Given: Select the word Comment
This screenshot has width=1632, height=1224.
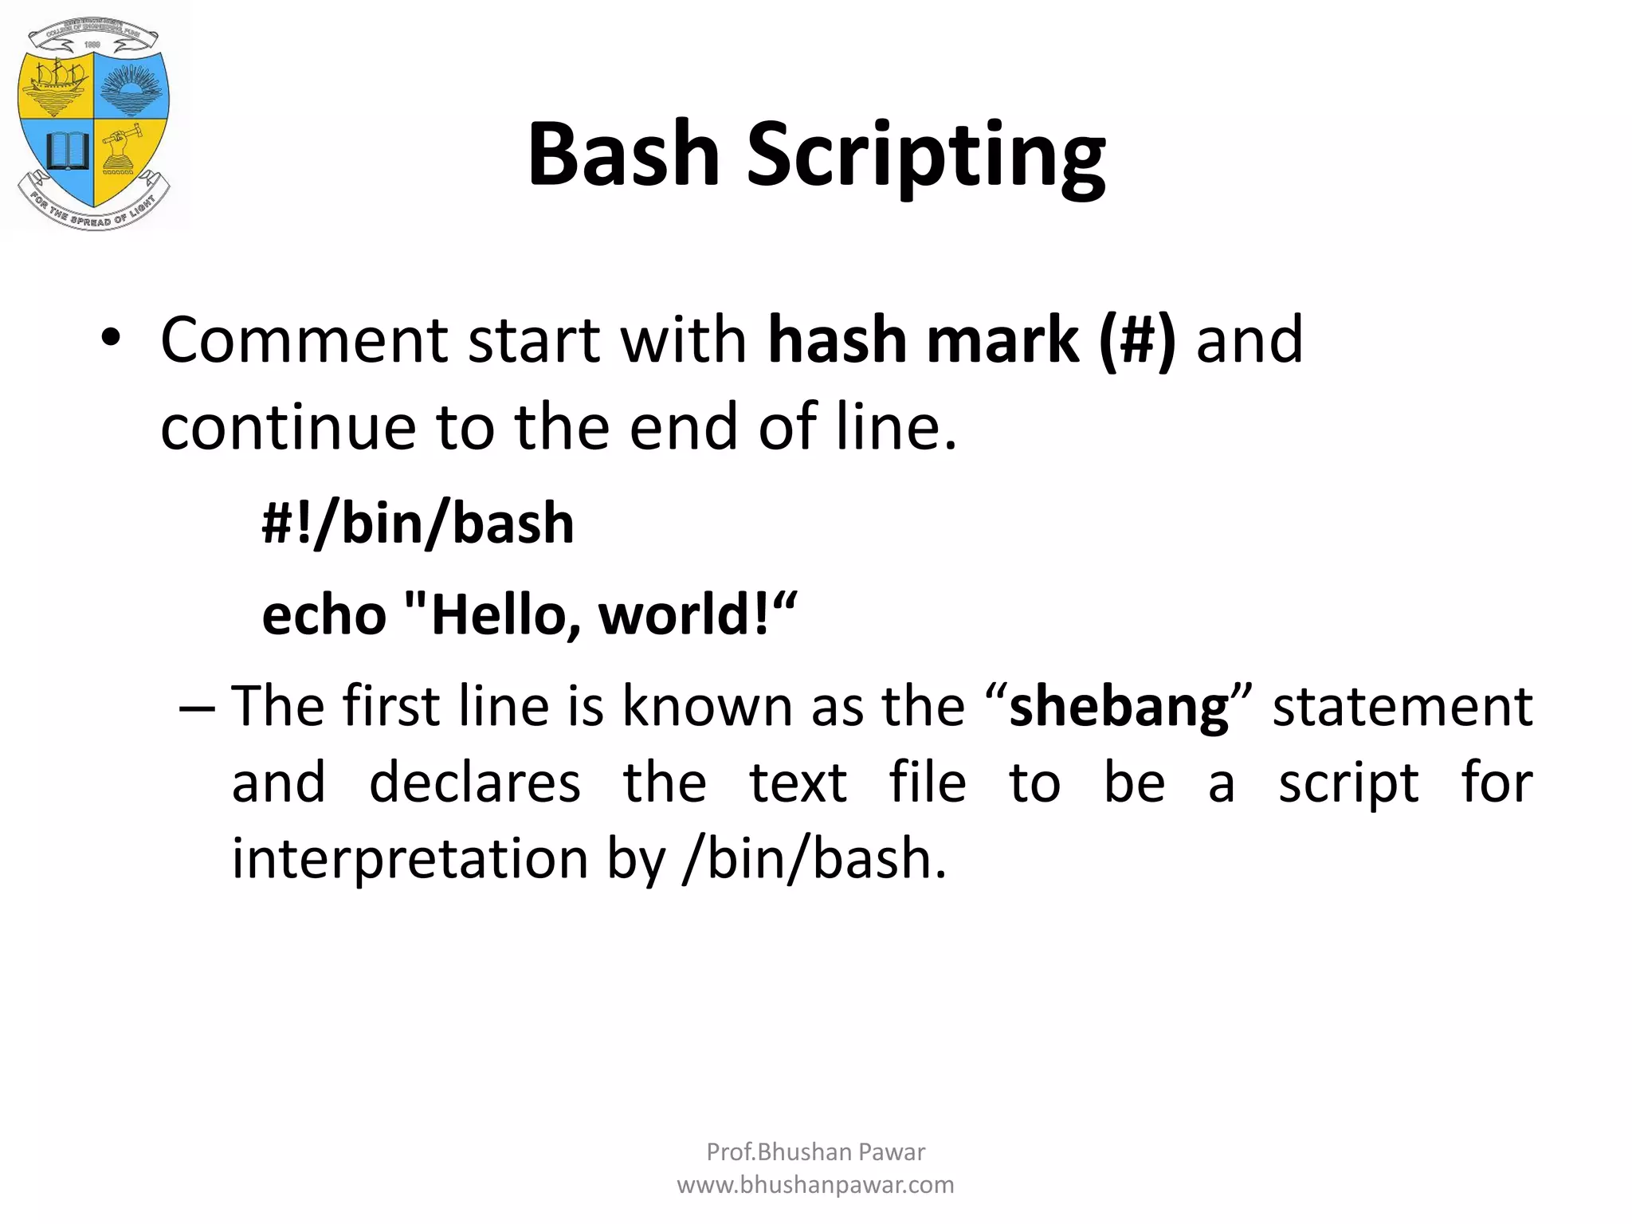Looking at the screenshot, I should pos(304,340).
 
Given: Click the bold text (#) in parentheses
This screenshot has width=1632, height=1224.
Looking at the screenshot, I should pos(1136,340).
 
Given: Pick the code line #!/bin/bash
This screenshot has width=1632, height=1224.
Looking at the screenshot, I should pos(418,524).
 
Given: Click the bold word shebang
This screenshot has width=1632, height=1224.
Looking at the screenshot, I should pos(1118,707).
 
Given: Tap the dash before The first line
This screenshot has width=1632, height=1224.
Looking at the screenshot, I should pos(196,708).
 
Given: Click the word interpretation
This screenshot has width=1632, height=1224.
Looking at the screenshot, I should pos(410,859).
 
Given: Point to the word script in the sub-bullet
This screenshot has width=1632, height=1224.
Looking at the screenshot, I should pos(1348,783).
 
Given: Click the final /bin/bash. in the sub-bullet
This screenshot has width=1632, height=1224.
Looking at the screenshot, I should pos(814,859).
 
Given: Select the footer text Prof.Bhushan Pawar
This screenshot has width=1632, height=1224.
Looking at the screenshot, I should pos(815,1151).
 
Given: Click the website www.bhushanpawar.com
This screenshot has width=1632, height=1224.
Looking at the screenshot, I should pos(815,1185).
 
